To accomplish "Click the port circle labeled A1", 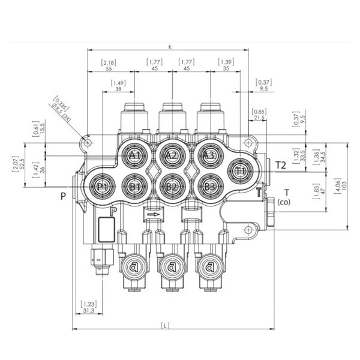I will [x=135, y=156].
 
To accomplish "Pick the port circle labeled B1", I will [x=135, y=187].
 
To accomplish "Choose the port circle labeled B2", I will [x=172, y=187].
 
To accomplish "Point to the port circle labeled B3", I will [x=209, y=187].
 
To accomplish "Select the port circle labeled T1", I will [x=241, y=171].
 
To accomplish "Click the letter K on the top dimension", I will [x=170, y=46].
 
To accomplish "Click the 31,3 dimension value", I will [x=88, y=311].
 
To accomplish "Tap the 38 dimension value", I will [x=118, y=88].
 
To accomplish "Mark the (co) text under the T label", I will [x=284, y=202].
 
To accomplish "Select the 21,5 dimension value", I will [x=259, y=118].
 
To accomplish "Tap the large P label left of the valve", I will [x=62, y=196].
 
